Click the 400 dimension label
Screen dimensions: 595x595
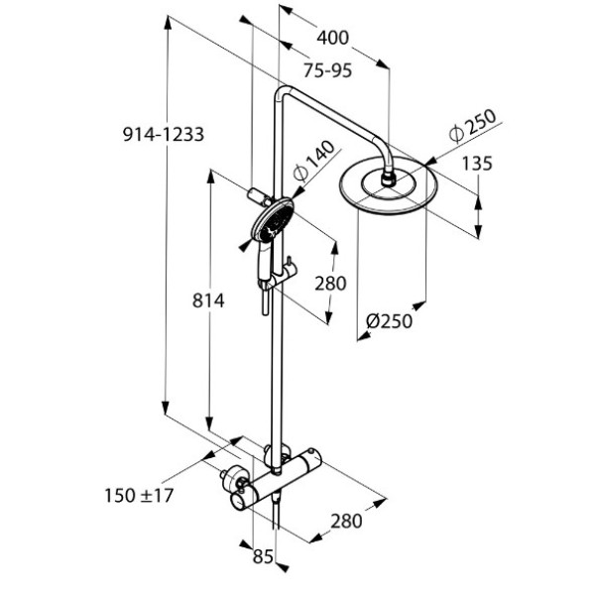333,39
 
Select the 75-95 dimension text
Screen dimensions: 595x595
328,69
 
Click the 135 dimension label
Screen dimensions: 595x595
476,164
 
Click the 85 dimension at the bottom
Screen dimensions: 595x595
262,557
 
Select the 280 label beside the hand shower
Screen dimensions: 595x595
329,284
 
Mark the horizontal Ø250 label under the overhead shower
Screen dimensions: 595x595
388,320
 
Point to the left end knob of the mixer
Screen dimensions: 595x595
235,485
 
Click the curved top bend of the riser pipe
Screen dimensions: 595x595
285,96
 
